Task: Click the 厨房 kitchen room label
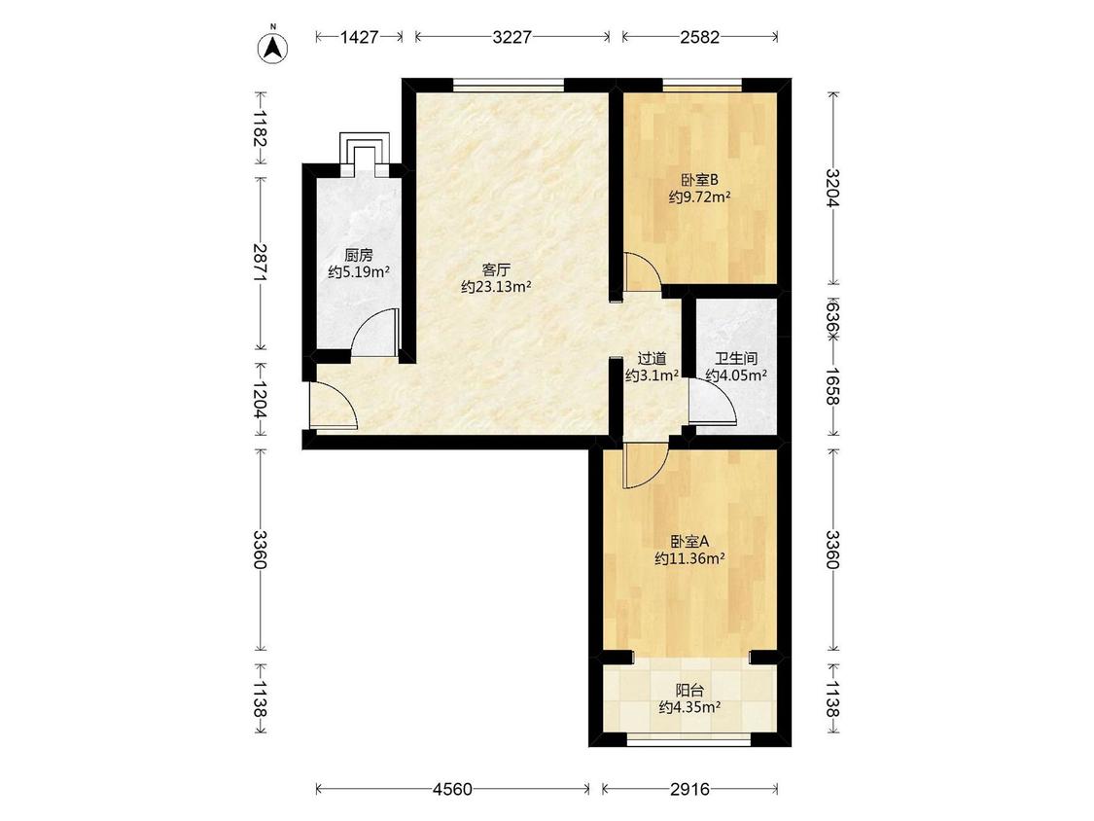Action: (x=359, y=255)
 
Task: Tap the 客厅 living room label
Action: (x=496, y=269)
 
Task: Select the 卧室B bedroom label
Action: (x=700, y=180)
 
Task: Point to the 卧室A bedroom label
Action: (x=690, y=541)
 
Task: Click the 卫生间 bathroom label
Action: (x=737, y=359)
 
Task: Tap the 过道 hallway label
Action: (x=653, y=359)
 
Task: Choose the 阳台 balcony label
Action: (x=690, y=691)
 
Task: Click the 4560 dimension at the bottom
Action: (x=453, y=790)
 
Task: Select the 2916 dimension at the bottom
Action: (x=690, y=790)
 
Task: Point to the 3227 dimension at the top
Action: (x=512, y=37)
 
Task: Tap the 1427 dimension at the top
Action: (x=359, y=37)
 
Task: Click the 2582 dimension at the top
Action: (x=700, y=37)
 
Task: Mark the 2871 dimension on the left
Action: (x=261, y=263)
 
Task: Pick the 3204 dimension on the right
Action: (x=832, y=189)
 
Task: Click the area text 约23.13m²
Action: (x=496, y=286)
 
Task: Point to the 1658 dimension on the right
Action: (x=832, y=386)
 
